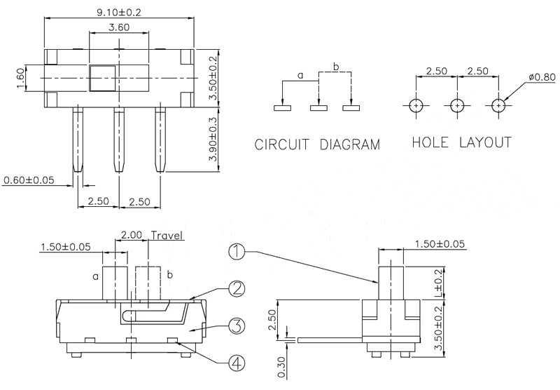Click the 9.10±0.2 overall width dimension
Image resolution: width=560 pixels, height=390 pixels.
[x=117, y=11]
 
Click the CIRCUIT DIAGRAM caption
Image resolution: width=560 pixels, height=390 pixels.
[x=317, y=146]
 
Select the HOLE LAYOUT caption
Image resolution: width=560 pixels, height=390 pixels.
[x=461, y=142]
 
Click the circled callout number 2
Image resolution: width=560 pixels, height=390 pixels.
[x=237, y=288]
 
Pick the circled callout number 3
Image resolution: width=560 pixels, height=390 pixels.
[x=237, y=326]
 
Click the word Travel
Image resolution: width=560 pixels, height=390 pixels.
[x=167, y=236]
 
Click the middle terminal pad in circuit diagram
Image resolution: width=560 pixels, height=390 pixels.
[x=318, y=108]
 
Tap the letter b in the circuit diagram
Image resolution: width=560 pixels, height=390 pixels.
[x=336, y=67]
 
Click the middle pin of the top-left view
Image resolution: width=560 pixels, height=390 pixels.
[x=118, y=137]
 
